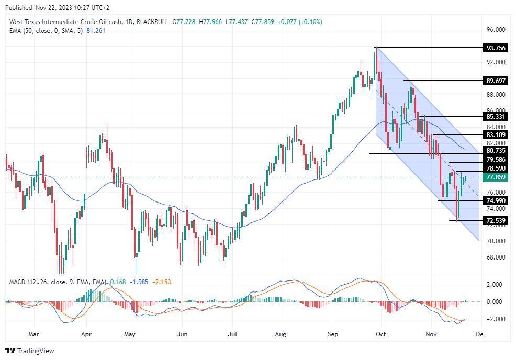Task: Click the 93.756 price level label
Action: (496, 48)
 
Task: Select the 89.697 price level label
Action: (496, 81)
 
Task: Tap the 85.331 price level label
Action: (496, 116)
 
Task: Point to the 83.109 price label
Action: (496, 134)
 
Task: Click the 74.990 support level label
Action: (496, 201)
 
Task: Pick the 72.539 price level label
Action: (496, 220)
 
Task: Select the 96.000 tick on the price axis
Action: (496, 30)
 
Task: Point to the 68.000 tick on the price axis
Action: (496, 257)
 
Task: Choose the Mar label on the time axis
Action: (33, 333)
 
